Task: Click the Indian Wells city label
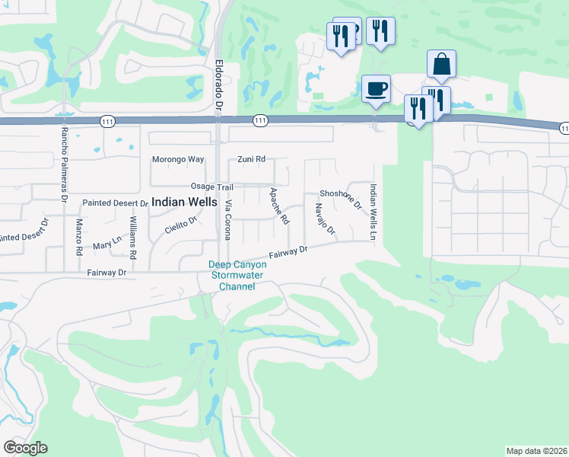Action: click(183, 202)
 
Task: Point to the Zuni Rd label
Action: click(251, 159)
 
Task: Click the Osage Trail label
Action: click(211, 187)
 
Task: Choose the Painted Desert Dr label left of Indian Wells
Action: click(115, 203)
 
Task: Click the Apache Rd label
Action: click(279, 206)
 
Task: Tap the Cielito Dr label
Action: click(181, 224)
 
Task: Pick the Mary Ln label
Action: click(106, 243)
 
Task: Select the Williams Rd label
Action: click(132, 237)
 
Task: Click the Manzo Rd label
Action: click(79, 237)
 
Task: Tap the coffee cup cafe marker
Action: click(376, 88)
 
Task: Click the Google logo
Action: click(25, 448)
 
